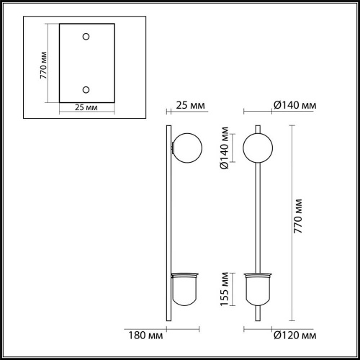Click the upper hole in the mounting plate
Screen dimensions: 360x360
(86, 37)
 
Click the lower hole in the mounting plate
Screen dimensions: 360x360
(86, 89)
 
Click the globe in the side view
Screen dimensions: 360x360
(186, 147)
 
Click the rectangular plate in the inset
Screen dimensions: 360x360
(86, 63)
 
